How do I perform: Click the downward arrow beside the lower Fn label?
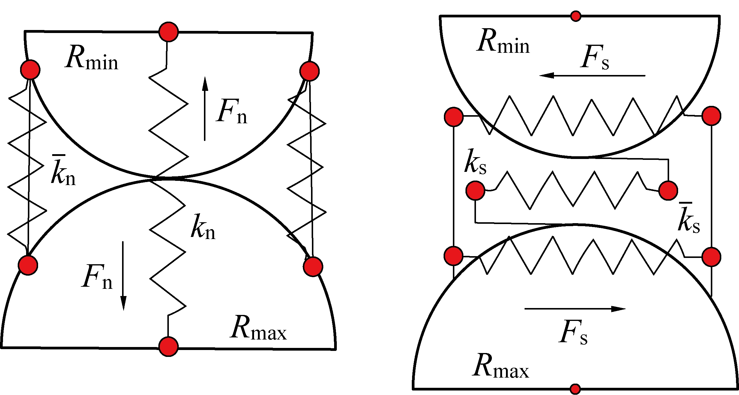point(123,276)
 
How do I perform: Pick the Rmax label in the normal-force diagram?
point(258,328)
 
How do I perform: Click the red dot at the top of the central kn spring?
point(169,32)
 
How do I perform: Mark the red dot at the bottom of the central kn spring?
point(169,346)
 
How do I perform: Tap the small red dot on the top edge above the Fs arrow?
point(576,16)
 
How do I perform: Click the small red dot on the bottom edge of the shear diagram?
point(575,389)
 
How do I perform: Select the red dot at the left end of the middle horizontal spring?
point(475,190)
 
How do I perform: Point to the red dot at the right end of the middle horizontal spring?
point(668,190)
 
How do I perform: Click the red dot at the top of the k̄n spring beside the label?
point(30,70)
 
